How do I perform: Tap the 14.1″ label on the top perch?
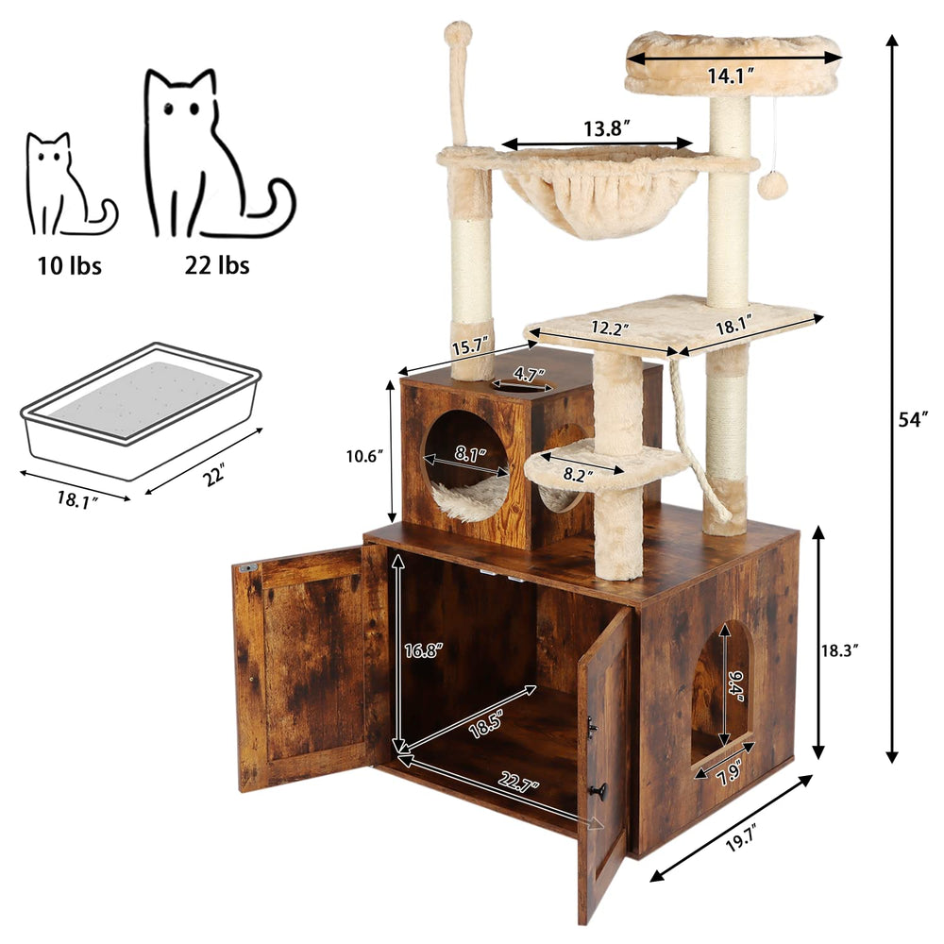[729, 77]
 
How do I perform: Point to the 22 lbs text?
[218, 265]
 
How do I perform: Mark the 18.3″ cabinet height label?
[839, 650]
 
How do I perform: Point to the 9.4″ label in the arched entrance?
[735, 683]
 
